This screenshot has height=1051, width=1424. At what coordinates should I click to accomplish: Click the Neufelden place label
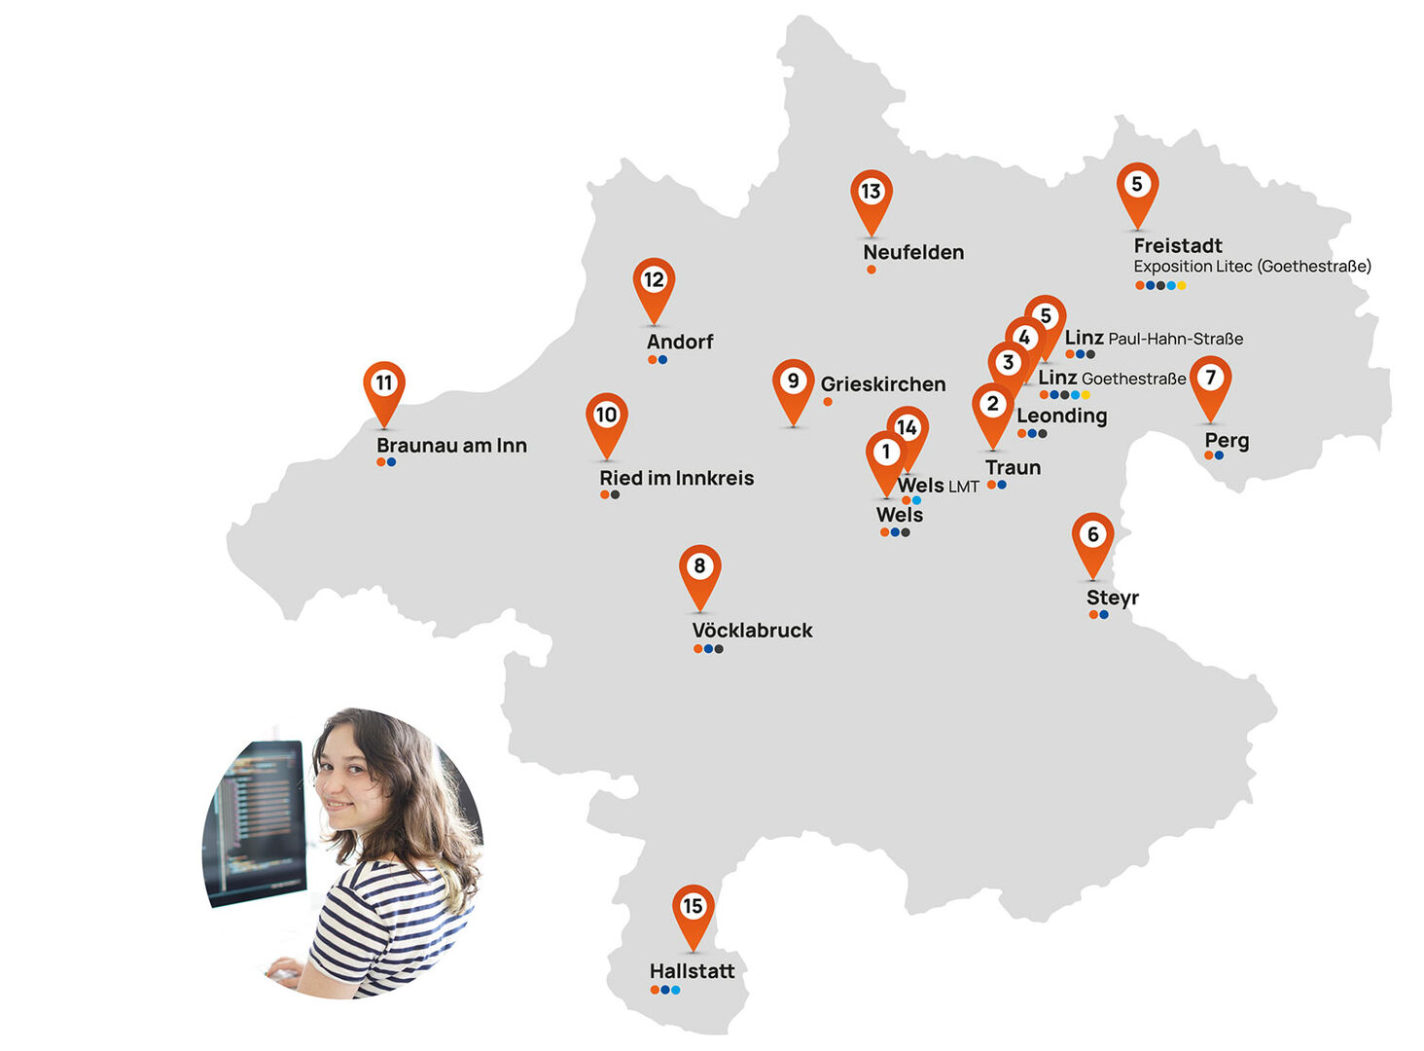(913, 252)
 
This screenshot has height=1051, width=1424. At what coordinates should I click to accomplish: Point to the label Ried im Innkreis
(676, 478)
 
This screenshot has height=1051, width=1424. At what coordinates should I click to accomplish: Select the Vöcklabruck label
(752, 631)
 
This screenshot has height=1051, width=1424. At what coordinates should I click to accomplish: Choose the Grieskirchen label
(882, 384)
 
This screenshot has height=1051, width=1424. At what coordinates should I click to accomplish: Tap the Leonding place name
(1061, 416)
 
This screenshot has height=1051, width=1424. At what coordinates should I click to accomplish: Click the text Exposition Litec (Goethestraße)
(1252, 267)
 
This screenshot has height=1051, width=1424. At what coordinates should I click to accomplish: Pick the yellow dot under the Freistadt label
(1182, 286)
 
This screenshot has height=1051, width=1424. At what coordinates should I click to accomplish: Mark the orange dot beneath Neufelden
(872, 270)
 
